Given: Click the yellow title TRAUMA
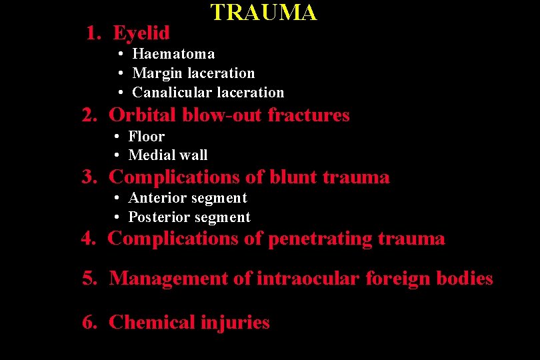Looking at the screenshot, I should point(263,12).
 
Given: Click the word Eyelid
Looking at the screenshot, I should point(141,32).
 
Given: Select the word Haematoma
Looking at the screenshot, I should point(173,53).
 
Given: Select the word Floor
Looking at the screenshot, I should point(146,136).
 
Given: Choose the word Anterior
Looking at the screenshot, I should point(157,197).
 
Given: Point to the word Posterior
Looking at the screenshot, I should point(160,217).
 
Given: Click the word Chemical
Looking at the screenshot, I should point(152,322).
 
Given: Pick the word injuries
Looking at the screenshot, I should point(235,323).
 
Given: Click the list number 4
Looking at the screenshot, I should point(87,238).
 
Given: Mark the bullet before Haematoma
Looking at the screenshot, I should point(121,54).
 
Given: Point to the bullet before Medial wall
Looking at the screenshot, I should point(117,155).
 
